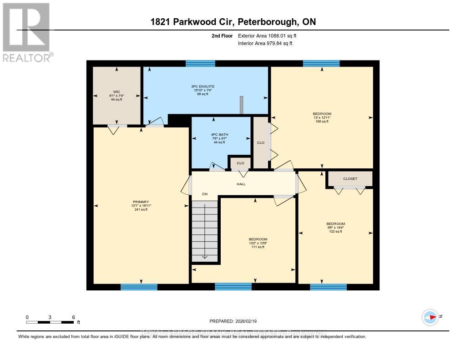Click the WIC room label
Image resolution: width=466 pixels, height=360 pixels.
coord(116,96)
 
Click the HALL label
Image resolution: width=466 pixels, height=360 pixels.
coord(241,184)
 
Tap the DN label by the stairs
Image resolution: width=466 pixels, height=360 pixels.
coord(205,194)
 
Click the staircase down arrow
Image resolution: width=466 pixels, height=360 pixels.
coord(204,256)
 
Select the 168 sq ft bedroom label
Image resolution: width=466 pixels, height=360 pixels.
coord(322,117)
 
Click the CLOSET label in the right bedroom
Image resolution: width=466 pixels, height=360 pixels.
coord(350,179)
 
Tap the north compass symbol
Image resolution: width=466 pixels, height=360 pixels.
coord(430,317)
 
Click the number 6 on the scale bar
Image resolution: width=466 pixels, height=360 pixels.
coord(73,317)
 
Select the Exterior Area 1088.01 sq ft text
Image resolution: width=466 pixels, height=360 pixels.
coord(270,35)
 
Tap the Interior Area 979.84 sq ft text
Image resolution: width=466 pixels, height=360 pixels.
coord(265,43)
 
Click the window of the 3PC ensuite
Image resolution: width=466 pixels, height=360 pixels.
coord(200,63)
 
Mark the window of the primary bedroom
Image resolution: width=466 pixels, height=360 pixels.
coord(139,287)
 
